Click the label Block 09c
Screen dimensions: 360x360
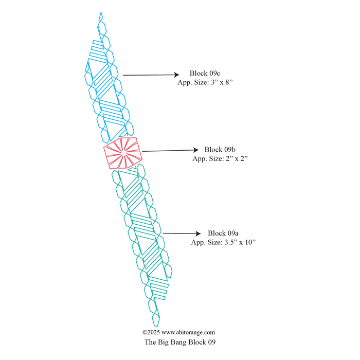point(205,73)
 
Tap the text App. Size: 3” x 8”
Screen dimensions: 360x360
point(205,82)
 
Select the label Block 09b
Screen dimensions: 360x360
point(220,150)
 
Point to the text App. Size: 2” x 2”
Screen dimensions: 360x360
point(220,158)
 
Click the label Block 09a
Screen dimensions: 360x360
point(223,233)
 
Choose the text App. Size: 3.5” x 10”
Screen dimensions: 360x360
point(223,242)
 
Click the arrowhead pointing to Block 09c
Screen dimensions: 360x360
point(176,75)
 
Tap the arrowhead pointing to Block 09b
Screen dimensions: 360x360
point(195,150)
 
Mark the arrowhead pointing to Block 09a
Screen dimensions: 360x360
point(198,233)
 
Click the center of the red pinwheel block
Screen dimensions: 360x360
point(123,153)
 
